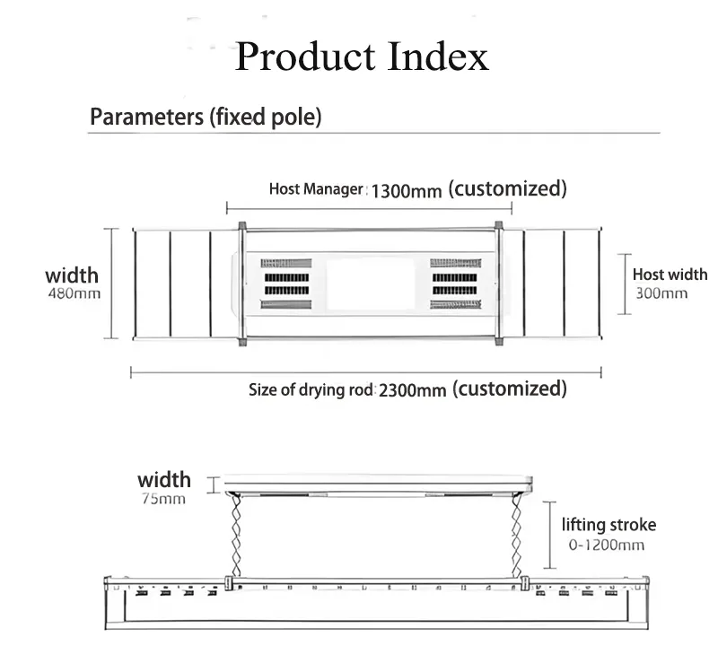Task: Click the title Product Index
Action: pyautogui.click(x=362, y=57)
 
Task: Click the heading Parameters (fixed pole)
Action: pyautogui.click(x=206, y=117)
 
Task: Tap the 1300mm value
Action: pyautogui.click(x=407, y=191)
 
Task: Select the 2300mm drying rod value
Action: pyautogui.click(x=412, y=390)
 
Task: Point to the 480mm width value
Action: pyautogui.click(x=74, y=293)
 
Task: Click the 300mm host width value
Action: pyautogui.click(x=661, y=293)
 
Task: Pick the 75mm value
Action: pyautogui.click(x=163, y=499)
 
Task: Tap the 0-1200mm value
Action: pyautogui.click(x=607, y=545)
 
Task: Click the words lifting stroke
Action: pyautogui.click(x=609, y=525)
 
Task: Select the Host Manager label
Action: pyautogui.click(x=316, y=189)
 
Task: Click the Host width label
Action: pyautogui.click(x=670, y=275)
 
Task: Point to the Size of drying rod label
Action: pyautogui.click(x=311, y=390)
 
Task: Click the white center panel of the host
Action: pyautogui.click(x=371, y=284)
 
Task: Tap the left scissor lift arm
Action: pyautogui.click(x=236, y=536)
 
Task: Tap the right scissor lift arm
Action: pyautogui.click(x=517, y=536)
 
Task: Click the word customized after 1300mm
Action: pyautogui.click(x=507, y=188)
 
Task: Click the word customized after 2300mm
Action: pyautogui.click(x=510, y=388)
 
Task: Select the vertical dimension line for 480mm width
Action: pyautogui.click(x=111, y=284)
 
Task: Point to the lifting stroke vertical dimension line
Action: pyautogui.click(x=550, y=535)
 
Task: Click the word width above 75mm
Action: pyautogui.click(x=164, y=480)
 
